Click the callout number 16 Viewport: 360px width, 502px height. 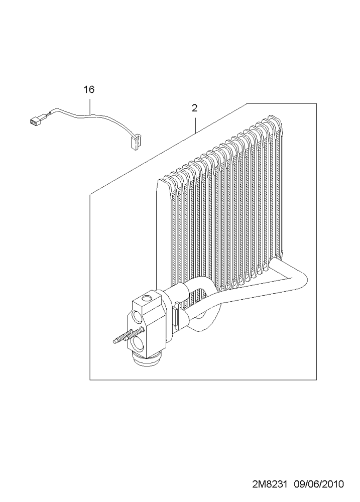point(89,90)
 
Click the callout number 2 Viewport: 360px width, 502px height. point(194,108)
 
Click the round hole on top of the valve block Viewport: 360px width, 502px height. point(147,299)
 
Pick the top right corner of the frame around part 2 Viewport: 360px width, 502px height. point(316,103)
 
